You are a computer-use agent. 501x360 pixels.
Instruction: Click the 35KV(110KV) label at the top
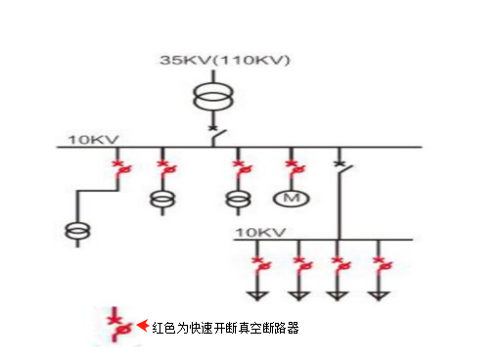tap(226, 62)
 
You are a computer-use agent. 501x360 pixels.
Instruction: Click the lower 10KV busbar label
tap(259, 232)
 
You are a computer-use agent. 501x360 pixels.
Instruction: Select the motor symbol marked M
tap(290, 200)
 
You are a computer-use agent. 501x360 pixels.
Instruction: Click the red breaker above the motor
tap(291, 168)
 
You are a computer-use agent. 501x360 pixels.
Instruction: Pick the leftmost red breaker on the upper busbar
tap(120, 168)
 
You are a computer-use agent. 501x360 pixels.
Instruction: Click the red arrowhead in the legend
tap(142, 326)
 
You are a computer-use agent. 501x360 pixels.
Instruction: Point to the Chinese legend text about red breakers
tap(224, 329)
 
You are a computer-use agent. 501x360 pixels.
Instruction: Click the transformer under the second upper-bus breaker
tap(161, 200)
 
